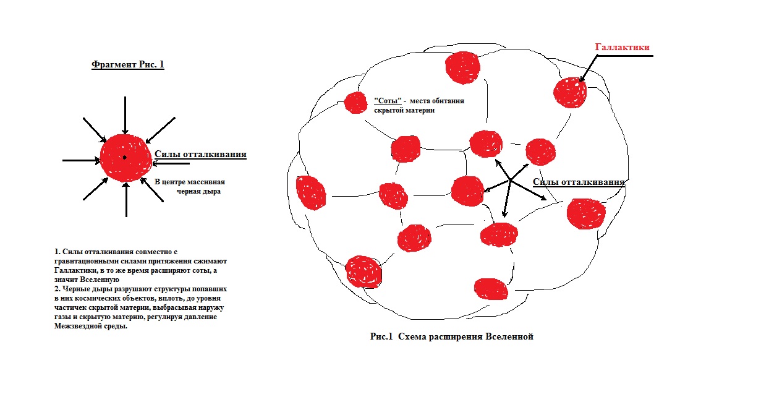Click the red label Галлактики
[x=622, y=47]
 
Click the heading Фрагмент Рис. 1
[x=128, y=64]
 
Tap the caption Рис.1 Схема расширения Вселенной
[x=451, y=336]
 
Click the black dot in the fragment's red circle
[x=125, y=157]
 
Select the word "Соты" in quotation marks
[x=388, y=101]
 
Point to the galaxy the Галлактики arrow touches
[x=570, y=92]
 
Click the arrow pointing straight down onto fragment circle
[x=125, y=116]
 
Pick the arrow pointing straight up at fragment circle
[x=126, y=200]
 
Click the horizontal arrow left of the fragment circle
[x=81, y=160]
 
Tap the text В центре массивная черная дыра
[x=190, y=186]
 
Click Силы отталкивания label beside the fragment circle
[x=200, y=154]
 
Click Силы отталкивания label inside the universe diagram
[x=579, y=182]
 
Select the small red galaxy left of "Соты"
[x=355, y=103]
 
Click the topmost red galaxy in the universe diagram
[x=462, y=67]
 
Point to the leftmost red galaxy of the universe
[x=311, y=192]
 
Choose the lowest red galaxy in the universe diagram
[x=491, y=289]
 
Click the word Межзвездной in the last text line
[x=73, y=326]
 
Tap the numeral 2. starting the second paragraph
[x=57, y=289]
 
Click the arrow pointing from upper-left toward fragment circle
[x=95, y=130]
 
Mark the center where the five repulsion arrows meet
[x=510, y=180]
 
